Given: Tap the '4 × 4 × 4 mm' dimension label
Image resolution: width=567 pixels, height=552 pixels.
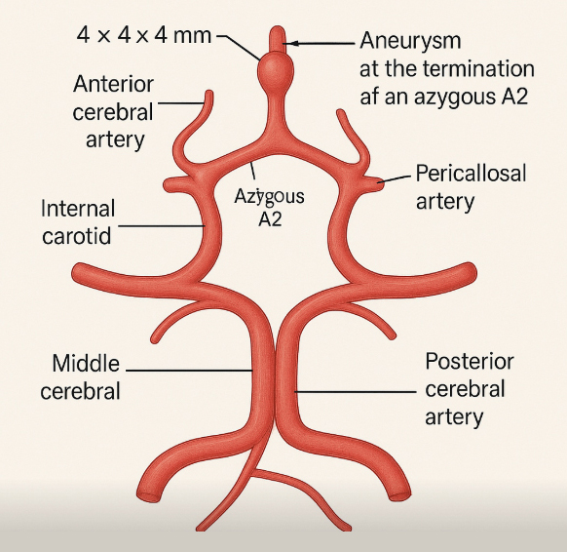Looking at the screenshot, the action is pyautogui.click(x=144, y=36).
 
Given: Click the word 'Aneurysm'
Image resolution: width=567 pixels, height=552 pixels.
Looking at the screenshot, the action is pyautogui.click(x=410, y=40).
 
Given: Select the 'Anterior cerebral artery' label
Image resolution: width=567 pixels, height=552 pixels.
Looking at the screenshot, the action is pyautogui.click(x=114, y=112).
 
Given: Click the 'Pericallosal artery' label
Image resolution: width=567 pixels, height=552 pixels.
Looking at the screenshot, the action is pyautogui.click(x=471, y=187).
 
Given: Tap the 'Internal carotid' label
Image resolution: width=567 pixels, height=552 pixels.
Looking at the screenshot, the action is pyautogui.click(x=78, y=222).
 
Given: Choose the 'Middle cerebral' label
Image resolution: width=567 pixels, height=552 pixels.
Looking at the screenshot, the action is pyautogui.click(x=80, y=376).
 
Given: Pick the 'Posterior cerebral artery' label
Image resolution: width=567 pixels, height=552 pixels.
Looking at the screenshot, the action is pyautogui.click(x=469, y=389).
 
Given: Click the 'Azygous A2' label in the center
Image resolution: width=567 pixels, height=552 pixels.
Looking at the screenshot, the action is pyautogui.click(x=270, y=208).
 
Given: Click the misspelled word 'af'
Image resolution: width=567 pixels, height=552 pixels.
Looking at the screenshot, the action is pyautogui.click(x=368, y=97).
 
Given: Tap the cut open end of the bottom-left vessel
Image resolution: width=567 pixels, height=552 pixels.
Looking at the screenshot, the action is pyautogui.click(x=148, y=495).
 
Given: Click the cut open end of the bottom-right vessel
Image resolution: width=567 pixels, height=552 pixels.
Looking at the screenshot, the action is pyautogui.click(x=400, y=494).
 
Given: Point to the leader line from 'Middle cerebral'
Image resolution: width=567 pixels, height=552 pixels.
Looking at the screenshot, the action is pyautogui.click(x=189, y=371).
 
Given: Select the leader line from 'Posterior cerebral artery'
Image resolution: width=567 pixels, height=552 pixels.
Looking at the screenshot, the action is pyautogui.click(x=356, y=392).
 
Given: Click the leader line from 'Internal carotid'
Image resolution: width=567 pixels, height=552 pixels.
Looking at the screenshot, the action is pyautogui.click(x=162, y=226).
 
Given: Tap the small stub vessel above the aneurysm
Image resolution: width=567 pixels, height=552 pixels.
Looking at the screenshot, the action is pyautogui.click(x=278, y=40).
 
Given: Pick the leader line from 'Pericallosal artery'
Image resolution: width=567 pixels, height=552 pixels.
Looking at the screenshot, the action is pyautogui.click(x=395, y=178).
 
